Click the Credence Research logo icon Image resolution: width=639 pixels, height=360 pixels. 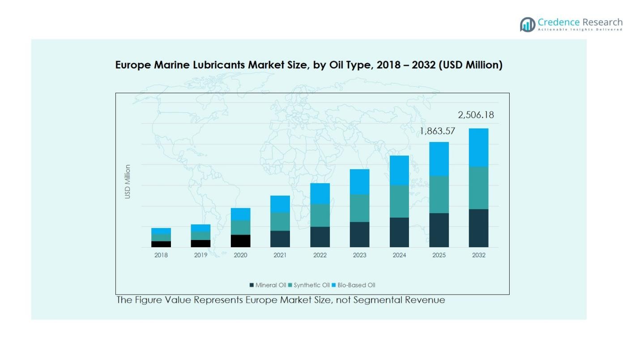(528, 25)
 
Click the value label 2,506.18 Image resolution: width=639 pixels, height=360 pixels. (476, 115)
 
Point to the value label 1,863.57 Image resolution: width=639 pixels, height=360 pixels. (437, 131)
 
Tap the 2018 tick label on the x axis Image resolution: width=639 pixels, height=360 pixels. (161, 255)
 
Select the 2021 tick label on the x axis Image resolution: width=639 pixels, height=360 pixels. (280, 255)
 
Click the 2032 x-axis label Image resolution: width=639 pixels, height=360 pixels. (478, 255)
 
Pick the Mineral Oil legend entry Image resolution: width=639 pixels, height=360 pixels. (268, 285)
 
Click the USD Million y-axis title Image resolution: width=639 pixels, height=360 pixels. (128, 182)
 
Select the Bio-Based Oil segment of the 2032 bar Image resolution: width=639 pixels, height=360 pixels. (478, 148)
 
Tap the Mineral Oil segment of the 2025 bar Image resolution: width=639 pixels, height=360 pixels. (439, 230)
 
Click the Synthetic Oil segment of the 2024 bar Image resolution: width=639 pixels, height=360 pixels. (399, 201)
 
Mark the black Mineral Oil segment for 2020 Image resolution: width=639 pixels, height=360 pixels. (241, 241)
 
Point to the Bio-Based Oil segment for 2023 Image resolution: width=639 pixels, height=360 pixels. (359, 182)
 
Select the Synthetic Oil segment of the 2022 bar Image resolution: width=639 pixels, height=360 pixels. (320, 215)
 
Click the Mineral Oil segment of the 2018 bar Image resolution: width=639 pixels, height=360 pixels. (161, 244)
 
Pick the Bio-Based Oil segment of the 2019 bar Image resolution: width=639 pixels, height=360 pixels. (201, 228)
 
